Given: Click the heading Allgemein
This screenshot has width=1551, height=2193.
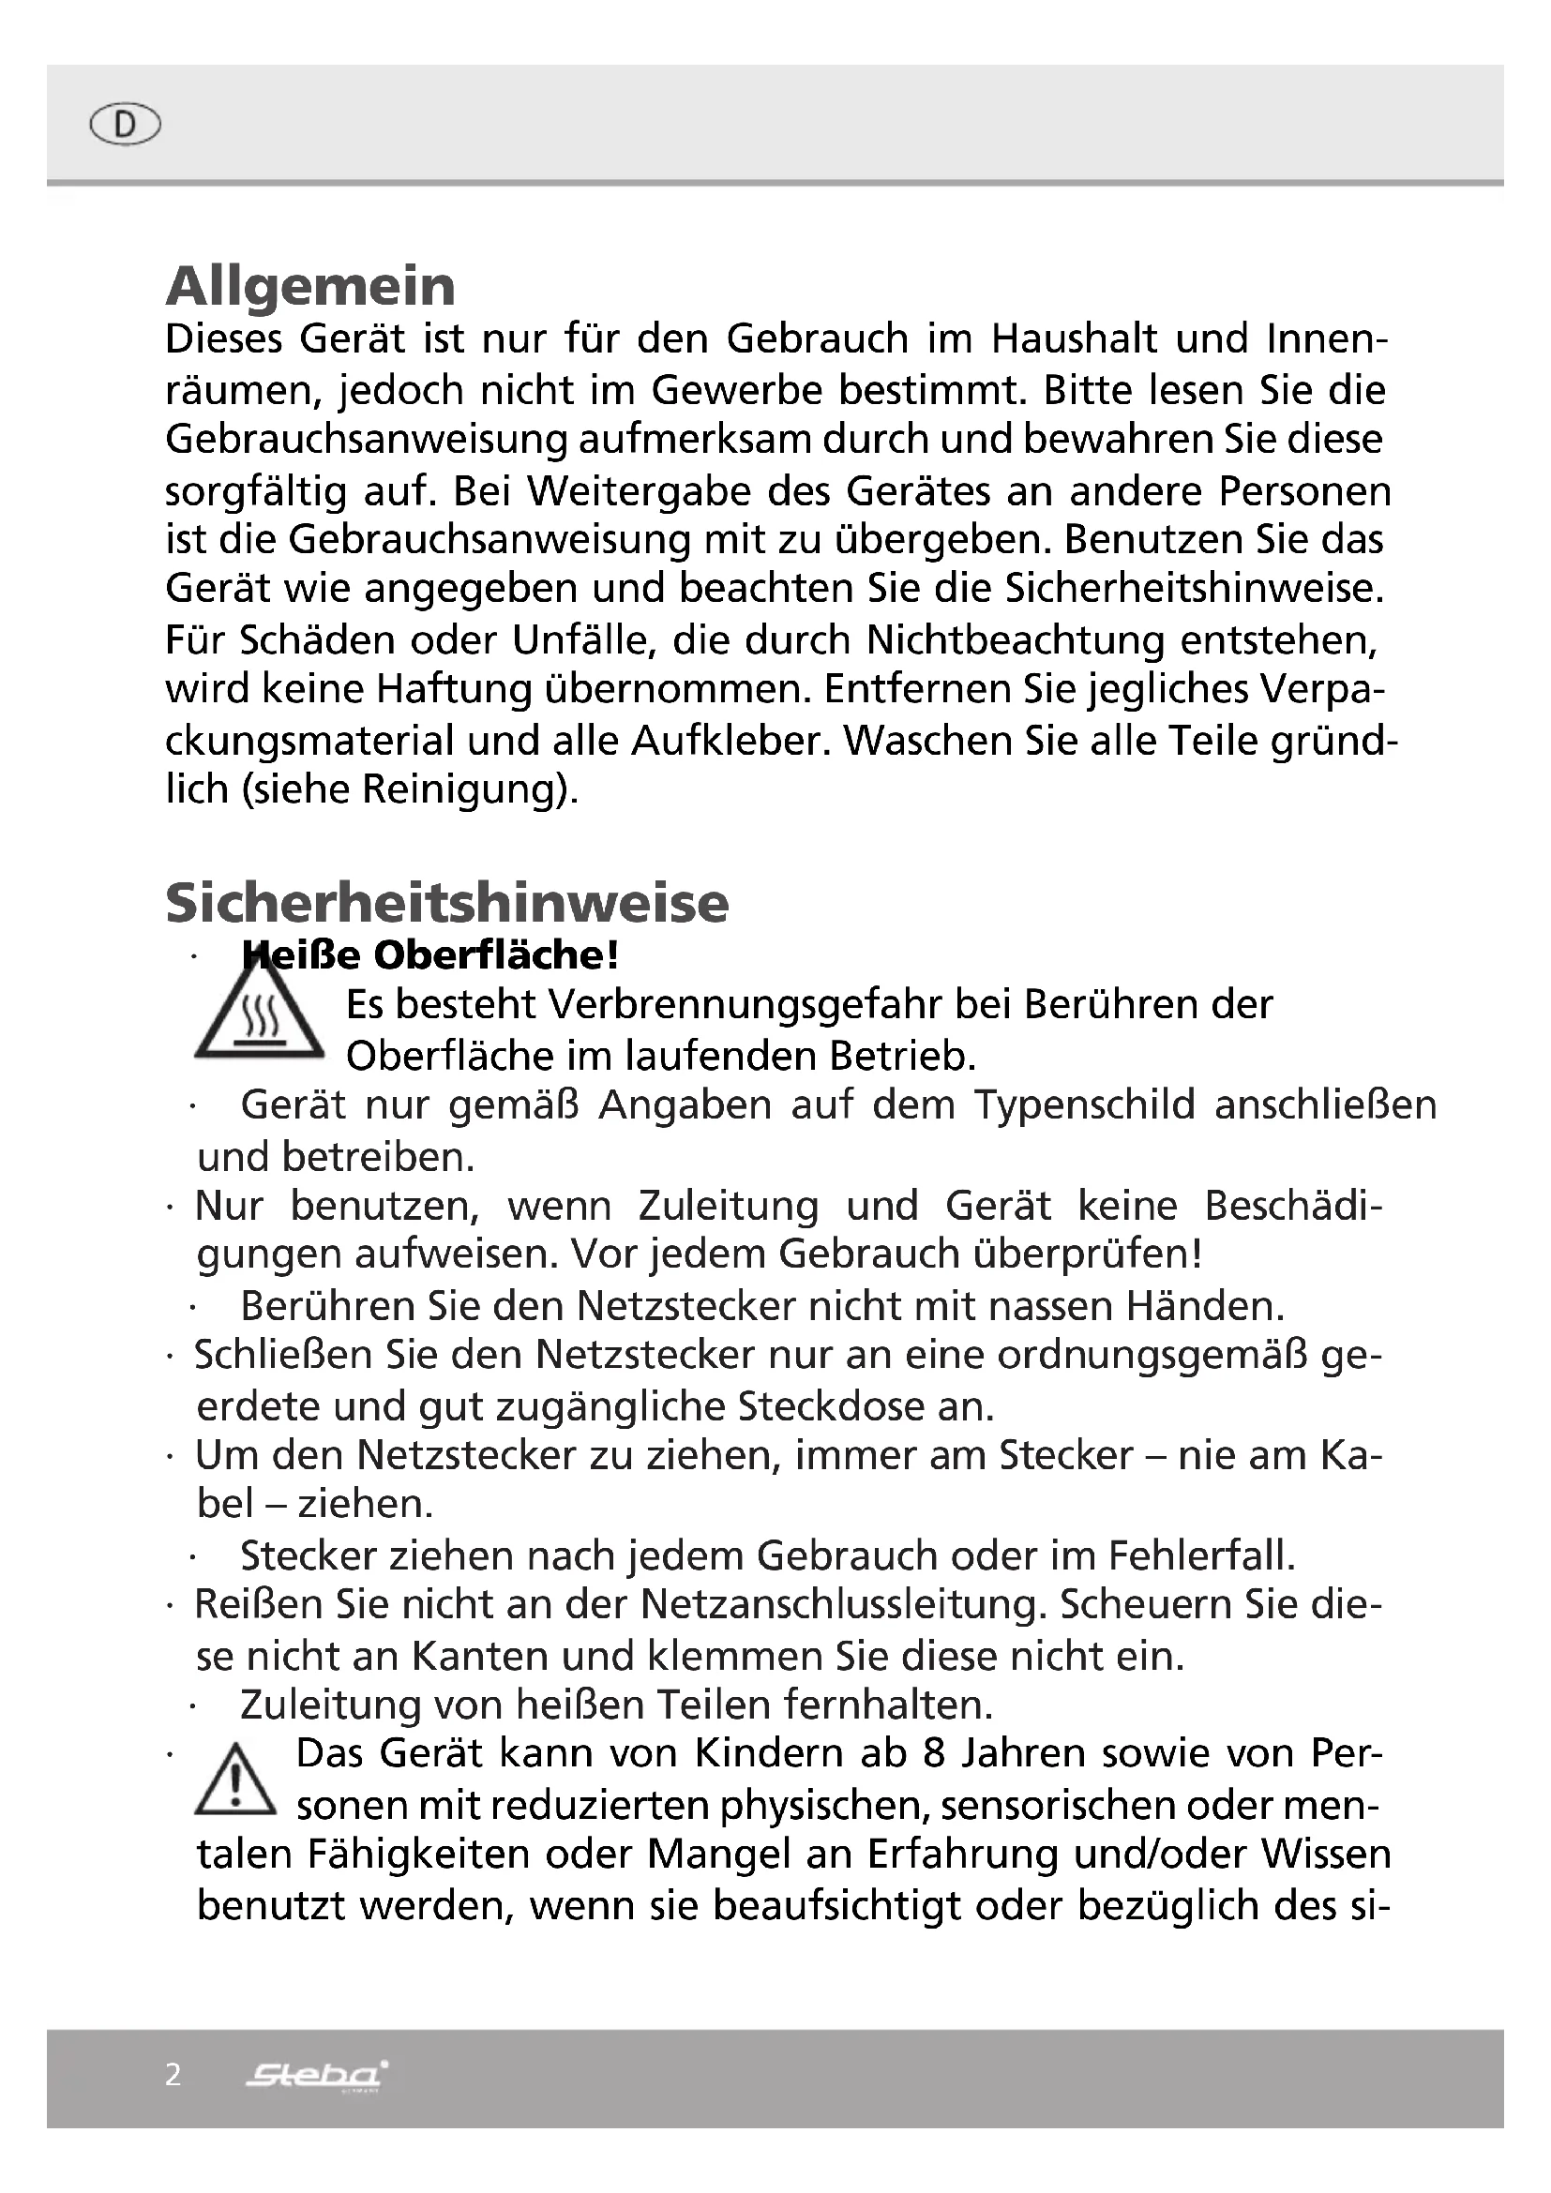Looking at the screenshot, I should tap(310, 286).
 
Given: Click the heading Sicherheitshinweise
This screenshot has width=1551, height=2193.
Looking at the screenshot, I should tap(447, 903).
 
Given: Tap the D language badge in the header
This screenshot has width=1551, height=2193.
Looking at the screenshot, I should tap(124, 124).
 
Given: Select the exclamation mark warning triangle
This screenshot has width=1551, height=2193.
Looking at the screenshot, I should tap(235, 1780).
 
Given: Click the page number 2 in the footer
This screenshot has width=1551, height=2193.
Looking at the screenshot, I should tap(173, 2075).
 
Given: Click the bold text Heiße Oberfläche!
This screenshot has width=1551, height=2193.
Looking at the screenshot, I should tap(429, 955).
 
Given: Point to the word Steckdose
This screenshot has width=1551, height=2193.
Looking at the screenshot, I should tap(866, 1407).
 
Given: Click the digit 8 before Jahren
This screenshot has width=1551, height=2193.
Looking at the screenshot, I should tap(935, 1753).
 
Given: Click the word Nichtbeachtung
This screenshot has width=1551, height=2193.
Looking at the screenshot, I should tap(1015, 640).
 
